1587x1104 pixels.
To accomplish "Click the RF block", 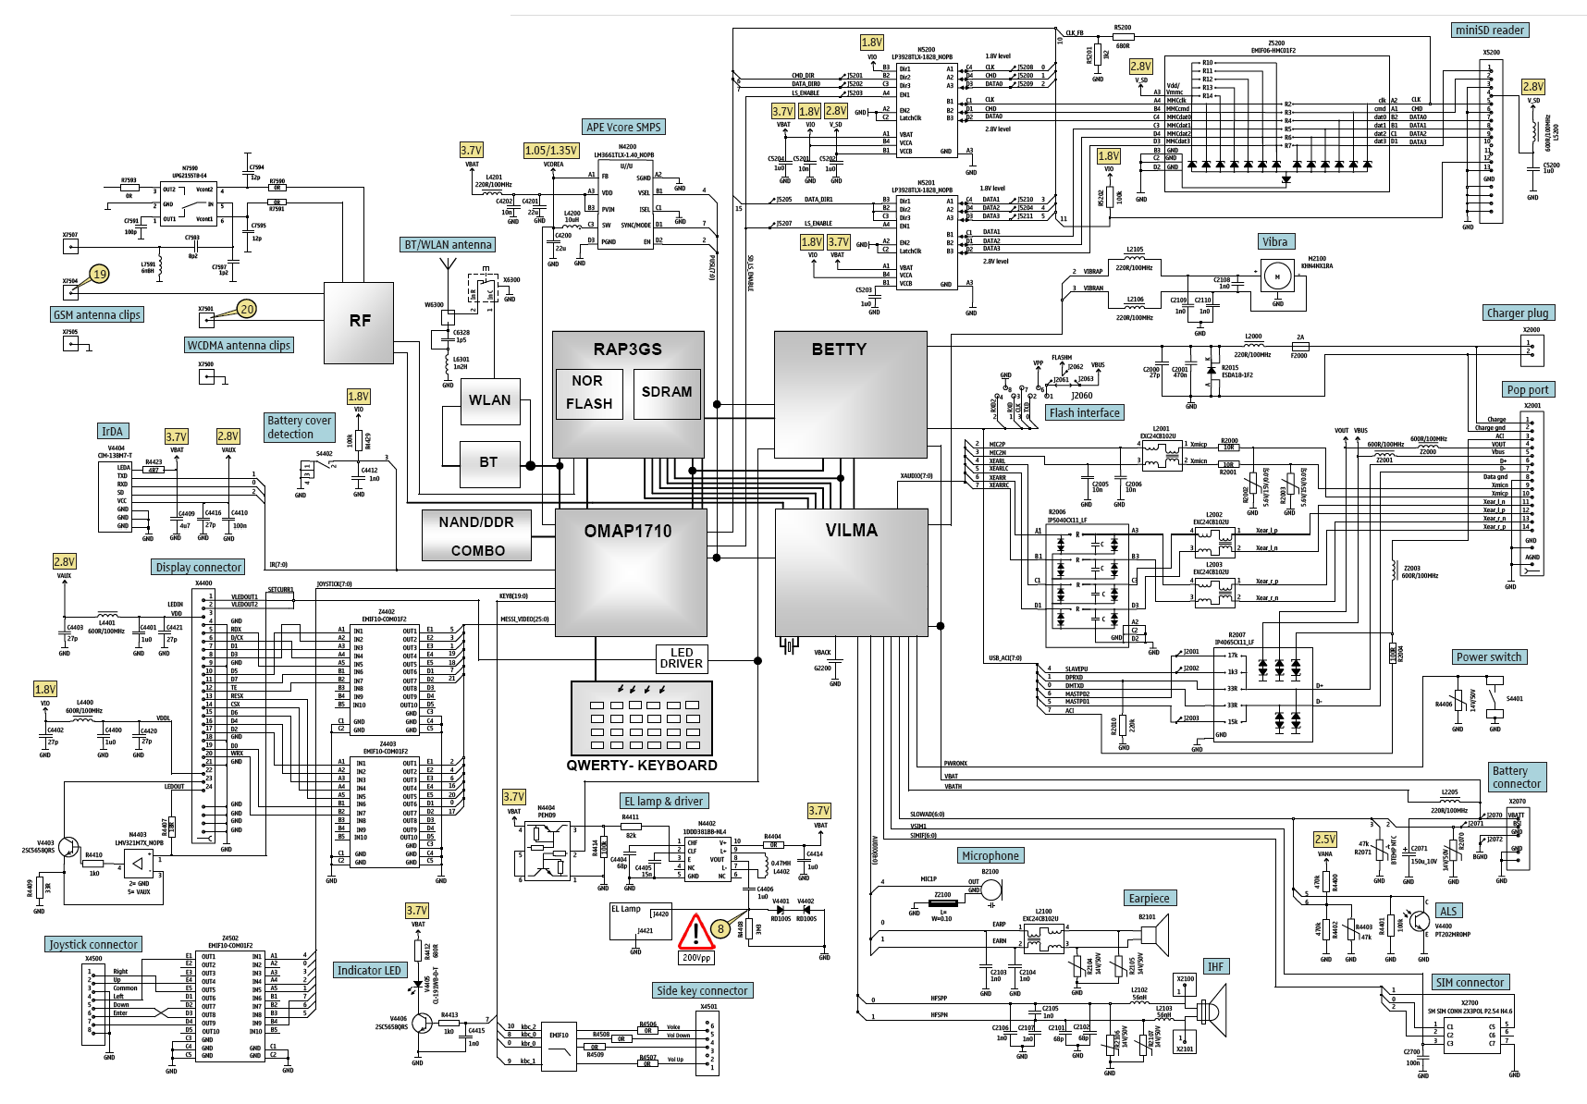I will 360,321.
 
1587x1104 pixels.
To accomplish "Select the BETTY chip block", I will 850,395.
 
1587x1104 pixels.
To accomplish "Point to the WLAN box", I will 489,400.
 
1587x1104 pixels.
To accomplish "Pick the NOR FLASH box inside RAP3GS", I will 589,393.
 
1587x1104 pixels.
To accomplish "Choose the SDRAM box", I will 666,392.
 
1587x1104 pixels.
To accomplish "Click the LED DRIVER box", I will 681,658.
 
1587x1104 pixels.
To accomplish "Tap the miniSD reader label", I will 1490,31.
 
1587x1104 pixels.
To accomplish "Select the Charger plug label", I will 1517,313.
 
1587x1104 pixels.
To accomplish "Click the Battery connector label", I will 1517,778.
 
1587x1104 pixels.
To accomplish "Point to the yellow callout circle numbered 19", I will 100,274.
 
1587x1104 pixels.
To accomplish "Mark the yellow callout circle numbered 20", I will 246,309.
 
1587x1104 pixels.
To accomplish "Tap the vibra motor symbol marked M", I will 1277,276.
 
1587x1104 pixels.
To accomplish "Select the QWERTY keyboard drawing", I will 642,718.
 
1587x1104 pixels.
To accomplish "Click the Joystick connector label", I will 93,945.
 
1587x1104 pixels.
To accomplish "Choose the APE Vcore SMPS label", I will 624,128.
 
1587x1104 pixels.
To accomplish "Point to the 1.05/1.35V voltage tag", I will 551,151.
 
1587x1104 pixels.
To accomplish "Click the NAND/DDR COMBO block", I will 477,536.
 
